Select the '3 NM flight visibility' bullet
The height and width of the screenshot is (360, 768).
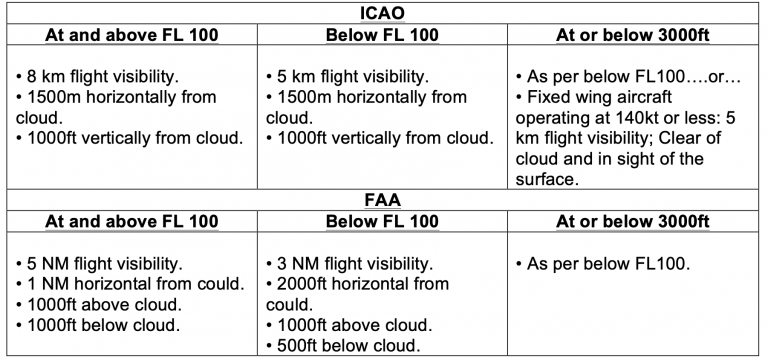(x=352, y=265)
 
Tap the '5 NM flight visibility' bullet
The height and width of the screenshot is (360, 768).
(x=102, y=265)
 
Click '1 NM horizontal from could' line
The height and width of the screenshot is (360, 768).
(x=132, y=285)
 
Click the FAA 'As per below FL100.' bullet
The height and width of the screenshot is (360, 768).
(x=604, y=265)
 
